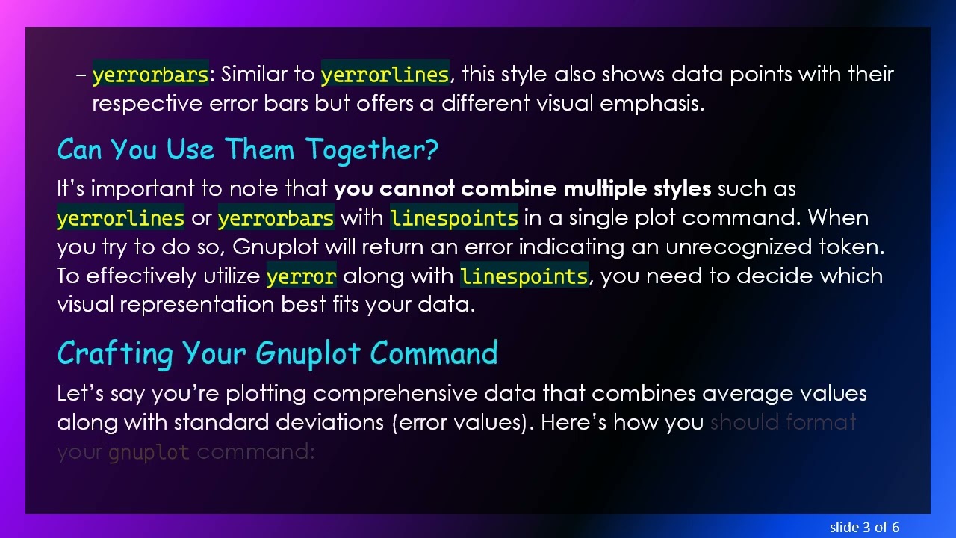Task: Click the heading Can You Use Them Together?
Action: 247,149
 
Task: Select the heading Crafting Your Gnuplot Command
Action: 277,353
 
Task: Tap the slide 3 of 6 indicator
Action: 864,527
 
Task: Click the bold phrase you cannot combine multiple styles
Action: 522,188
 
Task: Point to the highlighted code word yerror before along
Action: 301,276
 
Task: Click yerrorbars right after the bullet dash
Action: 150,75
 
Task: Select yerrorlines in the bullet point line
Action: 385,75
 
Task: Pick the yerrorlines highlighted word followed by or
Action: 120,218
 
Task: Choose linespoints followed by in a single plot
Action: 453,218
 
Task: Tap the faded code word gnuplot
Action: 149,452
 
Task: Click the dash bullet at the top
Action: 81,75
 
